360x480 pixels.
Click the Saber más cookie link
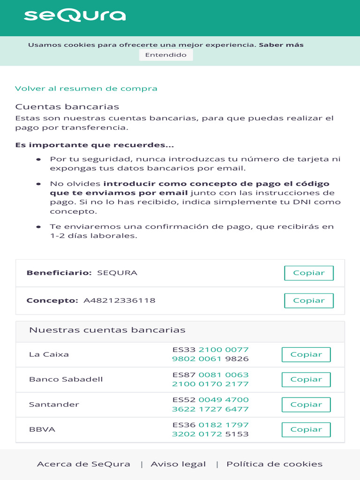[281, 45]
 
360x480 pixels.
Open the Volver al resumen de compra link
[86, 89]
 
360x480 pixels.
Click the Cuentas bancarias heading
[67, 107]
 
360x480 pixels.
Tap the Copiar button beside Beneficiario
[308, 273]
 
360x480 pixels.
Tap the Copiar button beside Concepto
[308, 300]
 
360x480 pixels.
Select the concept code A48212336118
[119, 300]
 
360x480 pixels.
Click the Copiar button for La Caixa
[306, 354]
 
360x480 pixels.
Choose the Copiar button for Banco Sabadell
[306, 380]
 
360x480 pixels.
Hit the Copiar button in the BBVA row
[306, 429]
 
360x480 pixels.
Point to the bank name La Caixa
[49, 354]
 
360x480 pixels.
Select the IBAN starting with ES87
[210, 379]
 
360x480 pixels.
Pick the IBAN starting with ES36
[210, 429]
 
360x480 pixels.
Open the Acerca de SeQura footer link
[83, 464]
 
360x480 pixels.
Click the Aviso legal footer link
[178, 464]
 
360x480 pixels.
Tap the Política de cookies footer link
[274, 464]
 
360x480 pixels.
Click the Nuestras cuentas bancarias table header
[107, 330]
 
